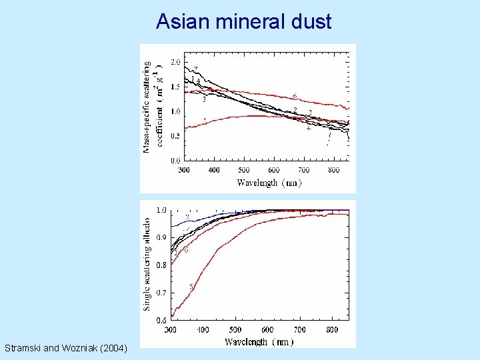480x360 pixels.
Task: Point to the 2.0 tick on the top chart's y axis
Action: click(x=175, y=62)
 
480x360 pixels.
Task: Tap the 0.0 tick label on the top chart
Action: click(x=175, y=161)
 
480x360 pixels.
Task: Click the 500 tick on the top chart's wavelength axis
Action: click(x=244, y=171)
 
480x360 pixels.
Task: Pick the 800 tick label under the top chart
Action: click(x=334, y=171)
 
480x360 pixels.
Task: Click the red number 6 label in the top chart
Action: click(x=295, y=95)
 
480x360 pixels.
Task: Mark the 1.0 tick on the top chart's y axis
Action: click(x=175, y=111)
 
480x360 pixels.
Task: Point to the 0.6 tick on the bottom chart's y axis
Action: click(x=162, y=320)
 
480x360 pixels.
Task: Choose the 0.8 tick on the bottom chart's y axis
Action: click(x=162, y=265)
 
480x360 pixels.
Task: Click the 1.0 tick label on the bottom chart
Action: click(x=162, y=210)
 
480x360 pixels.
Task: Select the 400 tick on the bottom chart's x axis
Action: click(x=203, y=330)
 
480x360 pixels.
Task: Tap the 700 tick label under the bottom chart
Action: click(x=300, y=330)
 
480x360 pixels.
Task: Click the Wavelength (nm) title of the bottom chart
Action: click(x=259, y=342)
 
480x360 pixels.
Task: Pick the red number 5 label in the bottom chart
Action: click(x=191, y=287)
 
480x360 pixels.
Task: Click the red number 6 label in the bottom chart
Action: click(x=186, y=251)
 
